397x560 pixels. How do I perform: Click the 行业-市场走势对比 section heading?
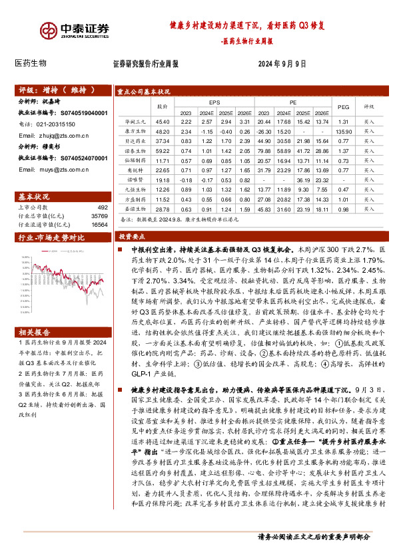pyautogui.click(x=51, y=237)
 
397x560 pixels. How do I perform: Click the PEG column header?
pyautogui.click(x=344, y=106)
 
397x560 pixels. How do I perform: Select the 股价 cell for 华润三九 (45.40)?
pyautogui.click(x=163, y=122)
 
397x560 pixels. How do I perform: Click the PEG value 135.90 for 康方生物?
pyautogui.click(x=344, y=132)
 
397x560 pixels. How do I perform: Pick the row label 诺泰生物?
pyautogui.click(x=135, y=151)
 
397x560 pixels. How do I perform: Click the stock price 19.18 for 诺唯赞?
pyautogui.click(x=163, y=180)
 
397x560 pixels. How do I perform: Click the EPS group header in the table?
pyautogui.click(x=214, y=102)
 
